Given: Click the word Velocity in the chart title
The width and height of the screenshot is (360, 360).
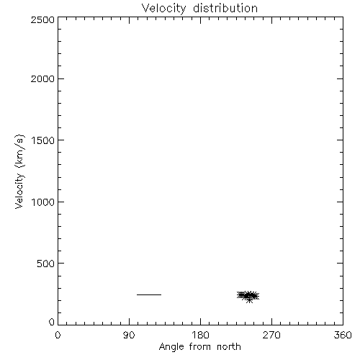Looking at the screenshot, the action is (164, 9).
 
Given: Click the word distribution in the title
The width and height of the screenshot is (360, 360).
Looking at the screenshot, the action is (225, 8).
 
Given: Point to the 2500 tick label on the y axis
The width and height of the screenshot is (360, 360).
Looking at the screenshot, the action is (42, 20).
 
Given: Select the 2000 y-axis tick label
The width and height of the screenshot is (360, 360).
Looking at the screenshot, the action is (42, 78).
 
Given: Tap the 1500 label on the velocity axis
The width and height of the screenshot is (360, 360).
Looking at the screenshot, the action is (43, 140).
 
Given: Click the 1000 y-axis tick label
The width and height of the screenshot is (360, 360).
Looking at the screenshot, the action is (43, 202).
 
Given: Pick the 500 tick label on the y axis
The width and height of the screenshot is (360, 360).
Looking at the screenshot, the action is (46, 264).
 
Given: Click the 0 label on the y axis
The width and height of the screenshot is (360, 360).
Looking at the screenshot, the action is (52, 322).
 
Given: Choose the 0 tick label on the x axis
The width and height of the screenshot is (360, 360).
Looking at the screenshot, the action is (58, 335).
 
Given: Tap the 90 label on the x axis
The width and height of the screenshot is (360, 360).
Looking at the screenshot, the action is (129, 335).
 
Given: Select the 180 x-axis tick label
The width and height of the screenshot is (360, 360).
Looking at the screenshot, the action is (200, 335).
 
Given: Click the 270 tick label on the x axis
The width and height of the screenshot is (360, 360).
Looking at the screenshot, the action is (271, 335).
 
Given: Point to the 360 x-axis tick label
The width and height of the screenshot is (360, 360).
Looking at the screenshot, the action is (343, 335).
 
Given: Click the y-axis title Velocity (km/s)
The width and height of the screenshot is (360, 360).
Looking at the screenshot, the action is (19, 171).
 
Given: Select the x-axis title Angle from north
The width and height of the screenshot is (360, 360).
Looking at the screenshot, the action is (200, 347).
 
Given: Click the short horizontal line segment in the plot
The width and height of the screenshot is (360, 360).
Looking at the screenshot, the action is (149, 294).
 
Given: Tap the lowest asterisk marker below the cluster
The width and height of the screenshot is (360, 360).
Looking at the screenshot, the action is (249, 300).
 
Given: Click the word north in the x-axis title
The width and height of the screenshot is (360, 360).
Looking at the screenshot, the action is (229, 346).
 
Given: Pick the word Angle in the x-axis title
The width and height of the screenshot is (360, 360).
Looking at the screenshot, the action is (171, 347).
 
